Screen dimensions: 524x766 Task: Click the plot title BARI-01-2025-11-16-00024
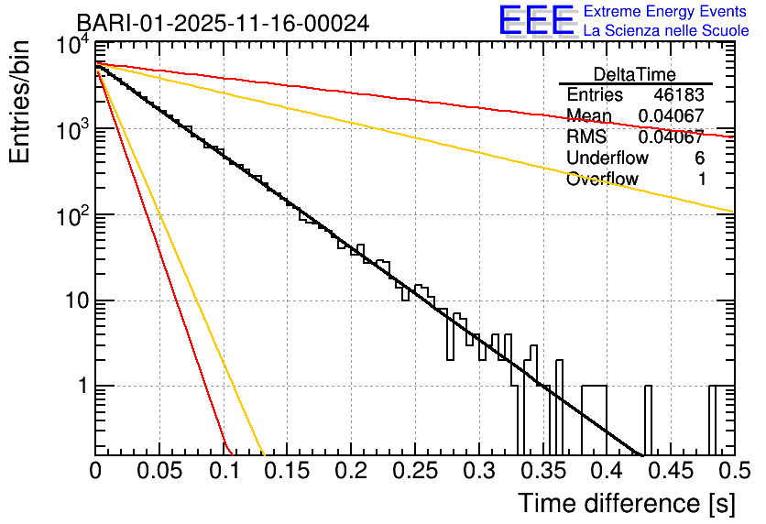[x=223, y=23]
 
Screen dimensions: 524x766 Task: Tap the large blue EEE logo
[x=536, y=21]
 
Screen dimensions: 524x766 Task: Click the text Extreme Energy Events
[x=666, y=12]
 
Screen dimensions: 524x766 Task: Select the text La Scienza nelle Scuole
[x=666, y=30]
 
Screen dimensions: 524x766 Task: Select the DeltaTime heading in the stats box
[x=635, y=74]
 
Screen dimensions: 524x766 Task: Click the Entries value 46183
[x=679, y=95]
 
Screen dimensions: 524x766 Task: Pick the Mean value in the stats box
[x=672, y=116]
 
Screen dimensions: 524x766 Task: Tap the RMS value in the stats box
[x=672, y=137]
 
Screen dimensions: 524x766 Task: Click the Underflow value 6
[x=699, y=158]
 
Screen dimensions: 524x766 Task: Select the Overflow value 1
[x=701, y=180]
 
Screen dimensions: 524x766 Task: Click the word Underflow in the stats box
[x=607, y=158]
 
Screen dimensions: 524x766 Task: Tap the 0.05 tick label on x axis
[x=159, y=471]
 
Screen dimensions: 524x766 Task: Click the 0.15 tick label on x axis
[x=287, y=471]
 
